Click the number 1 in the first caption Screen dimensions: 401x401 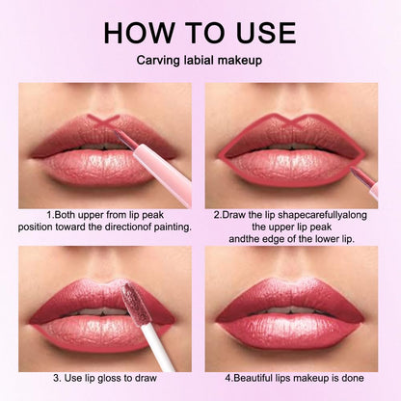pos(48,213)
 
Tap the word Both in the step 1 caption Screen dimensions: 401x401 pos(67,213)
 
